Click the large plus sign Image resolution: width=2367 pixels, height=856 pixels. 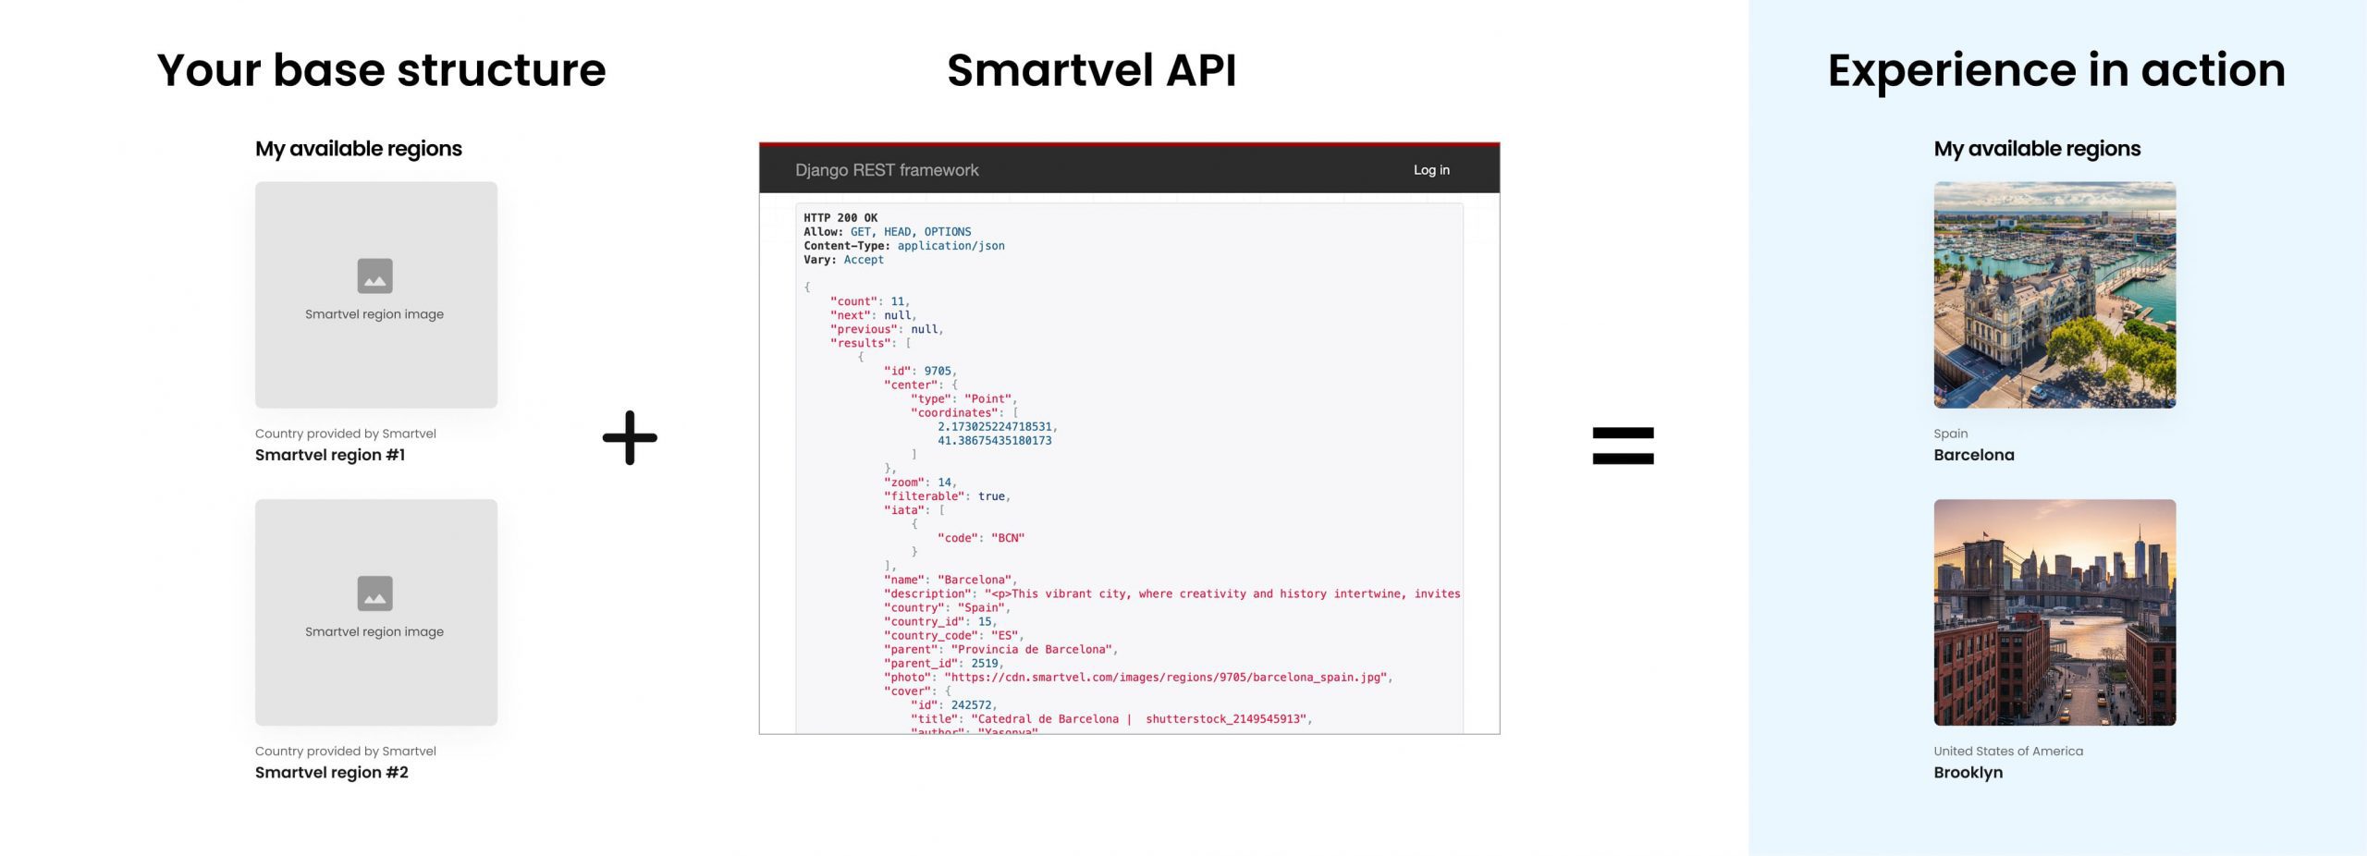(630, 437)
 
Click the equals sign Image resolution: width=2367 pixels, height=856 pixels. (1623, 446)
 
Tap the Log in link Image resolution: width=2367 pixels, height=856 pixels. (1430, 170)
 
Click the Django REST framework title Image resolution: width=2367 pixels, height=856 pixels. (886, 170)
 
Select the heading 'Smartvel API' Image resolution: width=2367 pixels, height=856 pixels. (1091, 70)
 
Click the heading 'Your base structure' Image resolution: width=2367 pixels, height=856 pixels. (381, 70)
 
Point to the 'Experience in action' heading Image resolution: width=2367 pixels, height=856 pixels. (2055, 70)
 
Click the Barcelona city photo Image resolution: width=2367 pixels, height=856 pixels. (2054, 295)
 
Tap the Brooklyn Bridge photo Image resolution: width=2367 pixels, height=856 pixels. (2054, 612)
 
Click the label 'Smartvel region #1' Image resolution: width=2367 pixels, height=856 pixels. (330, 455)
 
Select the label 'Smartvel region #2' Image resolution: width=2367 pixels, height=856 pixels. (332, 773)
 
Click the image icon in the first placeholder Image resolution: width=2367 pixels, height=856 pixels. (374, 275)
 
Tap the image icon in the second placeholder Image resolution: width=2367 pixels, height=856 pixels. (374, 593)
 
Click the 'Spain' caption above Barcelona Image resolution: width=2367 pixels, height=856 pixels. (1950, 434)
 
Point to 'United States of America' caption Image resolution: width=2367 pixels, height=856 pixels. (2008, 752)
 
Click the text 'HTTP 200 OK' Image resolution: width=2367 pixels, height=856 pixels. (840, 218)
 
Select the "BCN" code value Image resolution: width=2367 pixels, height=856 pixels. (1008, 538)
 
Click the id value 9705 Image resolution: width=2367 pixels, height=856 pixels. (938, 371)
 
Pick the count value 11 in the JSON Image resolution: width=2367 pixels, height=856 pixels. (897, 301)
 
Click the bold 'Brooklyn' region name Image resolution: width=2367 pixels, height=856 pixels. (1968, 773)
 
